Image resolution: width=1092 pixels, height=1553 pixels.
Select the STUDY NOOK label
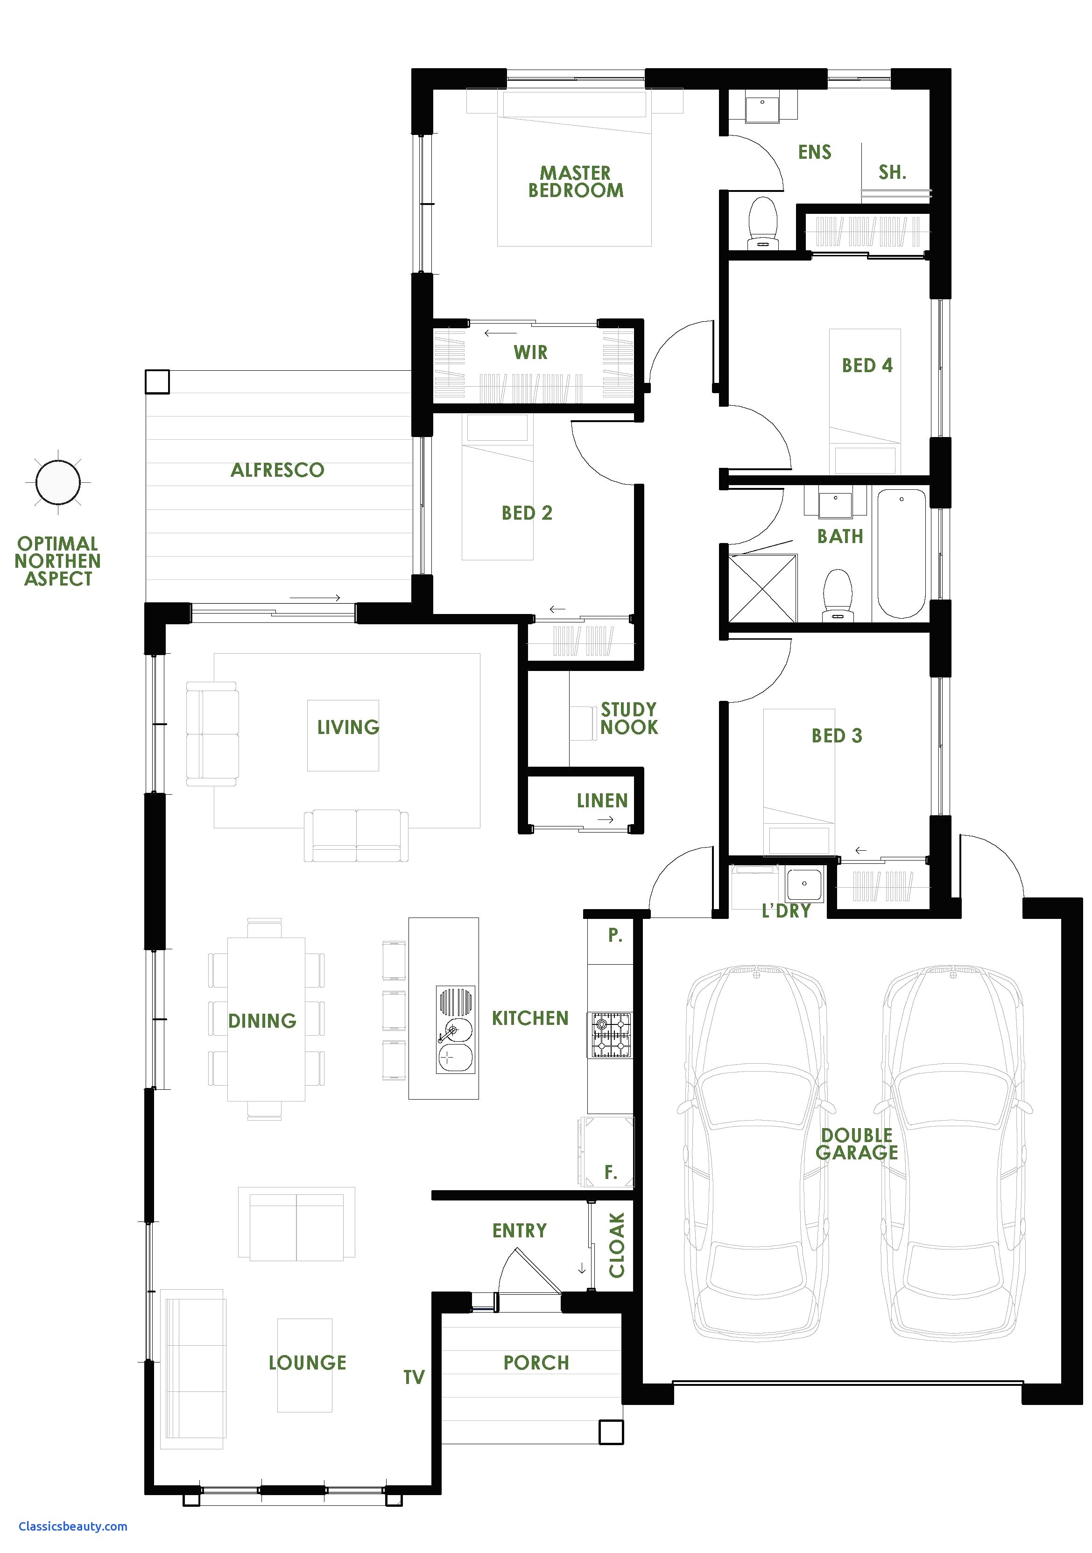coord(629,718)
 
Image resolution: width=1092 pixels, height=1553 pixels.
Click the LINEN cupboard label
coord(602,801)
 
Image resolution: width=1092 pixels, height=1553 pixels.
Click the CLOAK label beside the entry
coord(617,1244)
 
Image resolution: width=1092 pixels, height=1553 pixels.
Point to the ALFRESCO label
coord(277,470)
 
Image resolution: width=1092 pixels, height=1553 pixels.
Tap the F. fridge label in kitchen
coord(611,1173)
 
